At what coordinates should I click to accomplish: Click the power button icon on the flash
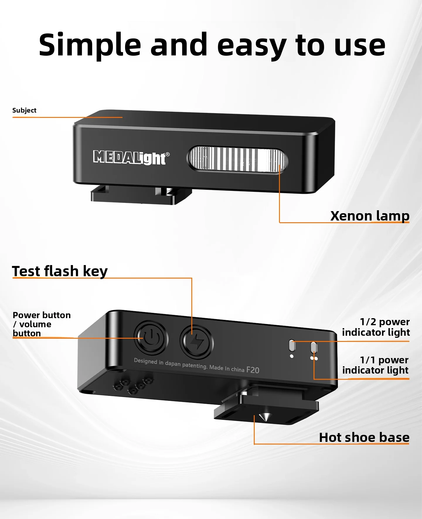point(151,339)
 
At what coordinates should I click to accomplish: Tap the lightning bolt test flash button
point(197,342)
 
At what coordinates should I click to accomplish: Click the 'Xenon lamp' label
point(370,216)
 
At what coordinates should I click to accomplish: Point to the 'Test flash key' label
point(60,271)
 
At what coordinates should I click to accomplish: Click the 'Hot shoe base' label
point(364,437)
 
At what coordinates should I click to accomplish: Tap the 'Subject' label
point(24,110)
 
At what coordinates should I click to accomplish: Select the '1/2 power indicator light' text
point(376,327)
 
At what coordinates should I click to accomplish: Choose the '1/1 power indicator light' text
point(375,365)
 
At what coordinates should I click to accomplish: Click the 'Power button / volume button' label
point(42,324)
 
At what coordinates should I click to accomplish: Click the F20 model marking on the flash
point(253,370)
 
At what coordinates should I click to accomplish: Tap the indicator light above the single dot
point(292,345)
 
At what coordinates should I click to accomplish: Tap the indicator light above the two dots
point(314,348)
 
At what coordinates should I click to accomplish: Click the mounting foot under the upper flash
point(141,195)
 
